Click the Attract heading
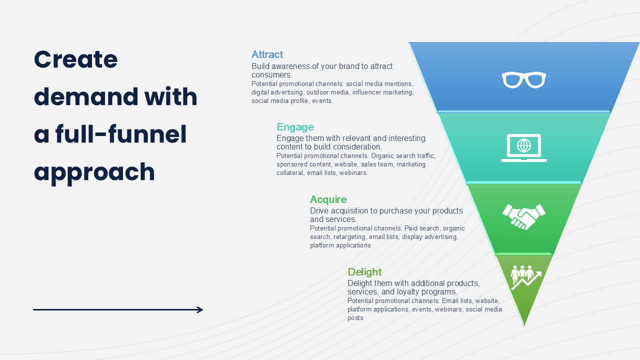(x=267, y=54)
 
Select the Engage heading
(x=295, y=127)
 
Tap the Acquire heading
(x=328, y=199)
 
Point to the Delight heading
(x=364, y=272)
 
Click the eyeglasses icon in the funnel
(x=524, y=80)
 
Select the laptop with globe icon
(x=524, y=147)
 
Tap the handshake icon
(x=524, y=216)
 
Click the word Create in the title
(x=75, y=59)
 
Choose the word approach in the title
(x=94, y=172)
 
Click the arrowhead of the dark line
(x=200, y=310)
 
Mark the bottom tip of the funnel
(x=524, y=325)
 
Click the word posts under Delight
(x=355, y=318)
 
